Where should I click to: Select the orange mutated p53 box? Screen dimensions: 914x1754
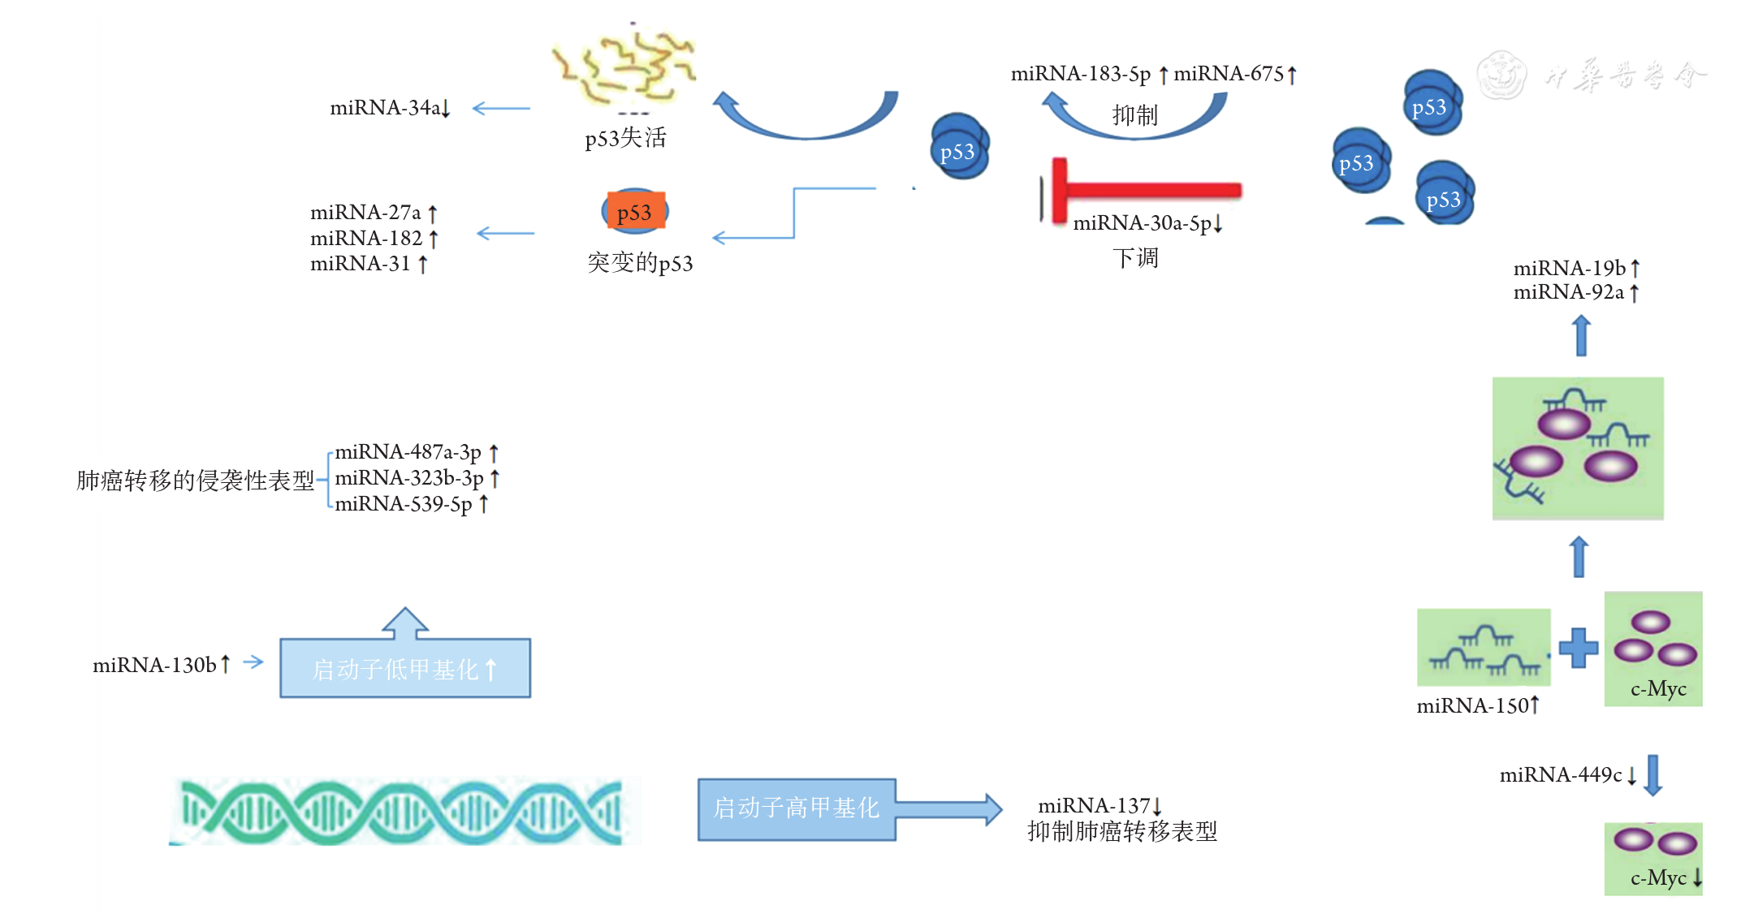636,212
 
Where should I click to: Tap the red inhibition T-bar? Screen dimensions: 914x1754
1144,191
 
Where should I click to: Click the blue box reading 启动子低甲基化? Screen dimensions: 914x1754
405,669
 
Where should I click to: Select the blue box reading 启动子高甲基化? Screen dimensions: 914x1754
797,808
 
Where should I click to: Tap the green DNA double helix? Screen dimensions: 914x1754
404,811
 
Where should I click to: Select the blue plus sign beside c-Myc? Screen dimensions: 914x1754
1579,648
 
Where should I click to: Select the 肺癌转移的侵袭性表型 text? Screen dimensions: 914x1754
195,481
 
